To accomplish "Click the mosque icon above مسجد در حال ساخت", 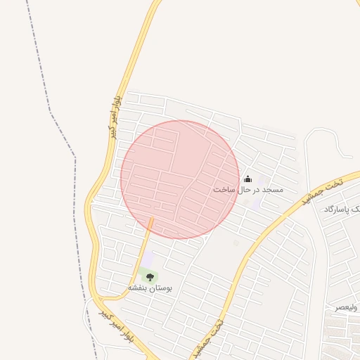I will pyautogui.click(x=247, y=179).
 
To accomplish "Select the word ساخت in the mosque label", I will pyautogui.click(x=223, y=190).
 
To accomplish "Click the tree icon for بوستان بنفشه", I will pyautogui.click(x=150, y=277).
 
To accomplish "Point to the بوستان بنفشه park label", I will pyautogui.click(x=150, y=288).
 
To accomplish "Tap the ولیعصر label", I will pyautogui.click(x=345, y=307).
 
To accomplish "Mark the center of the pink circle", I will pyautogui.click(x=180, y=180).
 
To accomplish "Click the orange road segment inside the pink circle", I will pyautogui.click(x=150, y=225).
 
